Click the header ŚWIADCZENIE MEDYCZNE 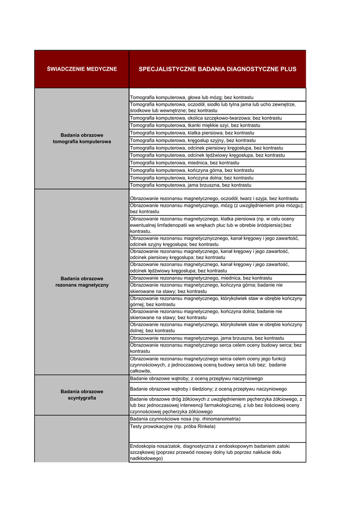82,69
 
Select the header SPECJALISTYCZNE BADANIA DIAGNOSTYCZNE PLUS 217,69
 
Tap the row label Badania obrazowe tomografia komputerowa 82,138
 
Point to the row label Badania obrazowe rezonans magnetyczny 82,282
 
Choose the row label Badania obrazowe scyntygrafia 82,395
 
